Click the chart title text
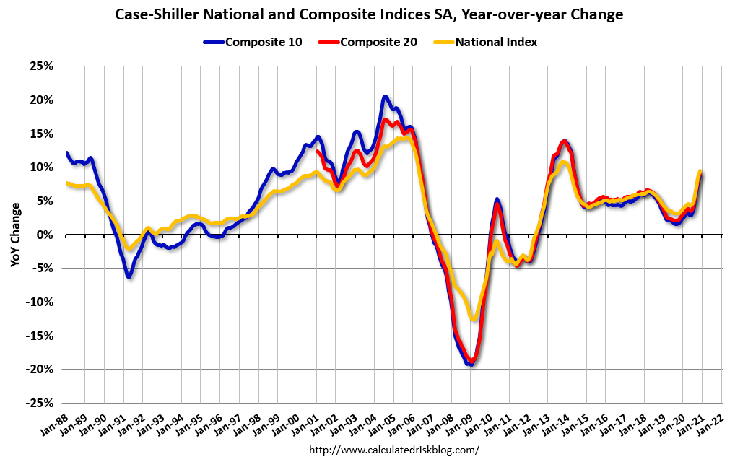tap(367, 14)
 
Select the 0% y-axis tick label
tap(45, 235)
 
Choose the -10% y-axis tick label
tap(40, 302)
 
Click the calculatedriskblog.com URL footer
tap(393, 450)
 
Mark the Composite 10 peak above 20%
tap(385, 97)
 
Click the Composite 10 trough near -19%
tap(470, 364)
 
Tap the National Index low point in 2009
tap(474, 318)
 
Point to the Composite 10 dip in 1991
tap(128, 276)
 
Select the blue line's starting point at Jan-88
tap(66, 153)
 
